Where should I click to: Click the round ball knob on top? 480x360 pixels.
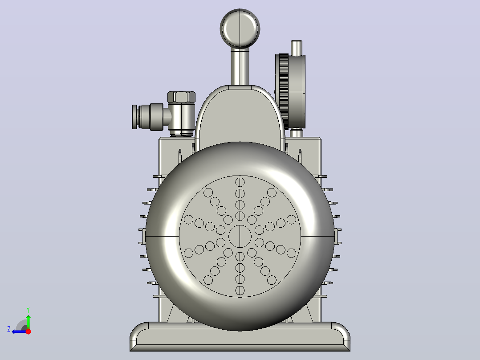[240, 29]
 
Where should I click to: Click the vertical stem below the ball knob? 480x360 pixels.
[240, 66]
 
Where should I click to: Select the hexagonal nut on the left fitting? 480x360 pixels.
[181, 97]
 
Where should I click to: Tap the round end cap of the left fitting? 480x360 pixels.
[134, 117]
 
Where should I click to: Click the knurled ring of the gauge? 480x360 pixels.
[284, 91]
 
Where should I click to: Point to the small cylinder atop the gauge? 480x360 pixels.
[297, 48]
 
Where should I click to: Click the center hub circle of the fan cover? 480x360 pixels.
[240, 236]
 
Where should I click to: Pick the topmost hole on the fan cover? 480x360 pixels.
[240, 182]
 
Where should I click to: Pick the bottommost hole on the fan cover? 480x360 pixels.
[240, 290]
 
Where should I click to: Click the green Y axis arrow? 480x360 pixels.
[28, 320]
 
